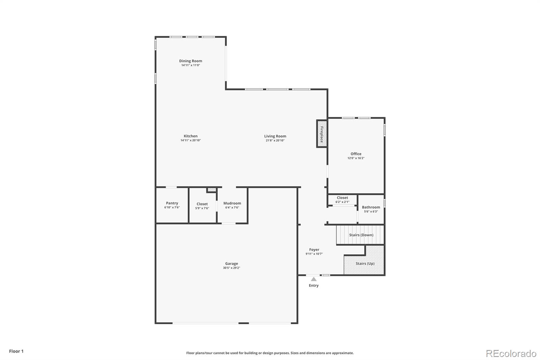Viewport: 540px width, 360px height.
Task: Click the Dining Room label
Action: (x=190, y=61)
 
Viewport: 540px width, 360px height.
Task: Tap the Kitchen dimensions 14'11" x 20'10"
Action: (x=190, y=140)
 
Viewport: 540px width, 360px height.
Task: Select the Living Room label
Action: (x=275, y=136)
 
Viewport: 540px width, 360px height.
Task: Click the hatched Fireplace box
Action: (x=322, y=134)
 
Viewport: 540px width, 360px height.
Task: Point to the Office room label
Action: (x=356, y=154)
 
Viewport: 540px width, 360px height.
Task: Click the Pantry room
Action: (x=172, y=205)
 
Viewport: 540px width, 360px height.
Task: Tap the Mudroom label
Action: (x=232, y=203)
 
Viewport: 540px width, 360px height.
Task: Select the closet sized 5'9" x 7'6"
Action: (x=202, y=206)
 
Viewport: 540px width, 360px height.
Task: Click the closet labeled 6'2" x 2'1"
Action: (x=342, y=200)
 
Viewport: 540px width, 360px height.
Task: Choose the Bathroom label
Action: (x=371, y=207)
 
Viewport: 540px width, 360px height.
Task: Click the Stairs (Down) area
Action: (x=361, y=235)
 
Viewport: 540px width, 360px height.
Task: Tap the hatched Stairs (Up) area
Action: (x=365, y=263)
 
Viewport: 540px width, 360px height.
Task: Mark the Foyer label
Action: (x=314, y=250)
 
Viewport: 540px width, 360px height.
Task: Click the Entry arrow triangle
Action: (x=314, y=279)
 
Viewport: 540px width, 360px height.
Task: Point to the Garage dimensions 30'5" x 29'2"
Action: (x=232, y=268)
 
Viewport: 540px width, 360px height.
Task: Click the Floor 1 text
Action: (x=16, y=351)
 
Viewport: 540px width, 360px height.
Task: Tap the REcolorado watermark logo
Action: (x=511, y=354)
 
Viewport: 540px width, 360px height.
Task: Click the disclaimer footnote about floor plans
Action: (x=270, y=353)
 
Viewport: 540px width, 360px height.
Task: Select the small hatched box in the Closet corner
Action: (x=211, y=190)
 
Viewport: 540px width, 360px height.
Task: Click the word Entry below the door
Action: (x=314, y=285)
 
